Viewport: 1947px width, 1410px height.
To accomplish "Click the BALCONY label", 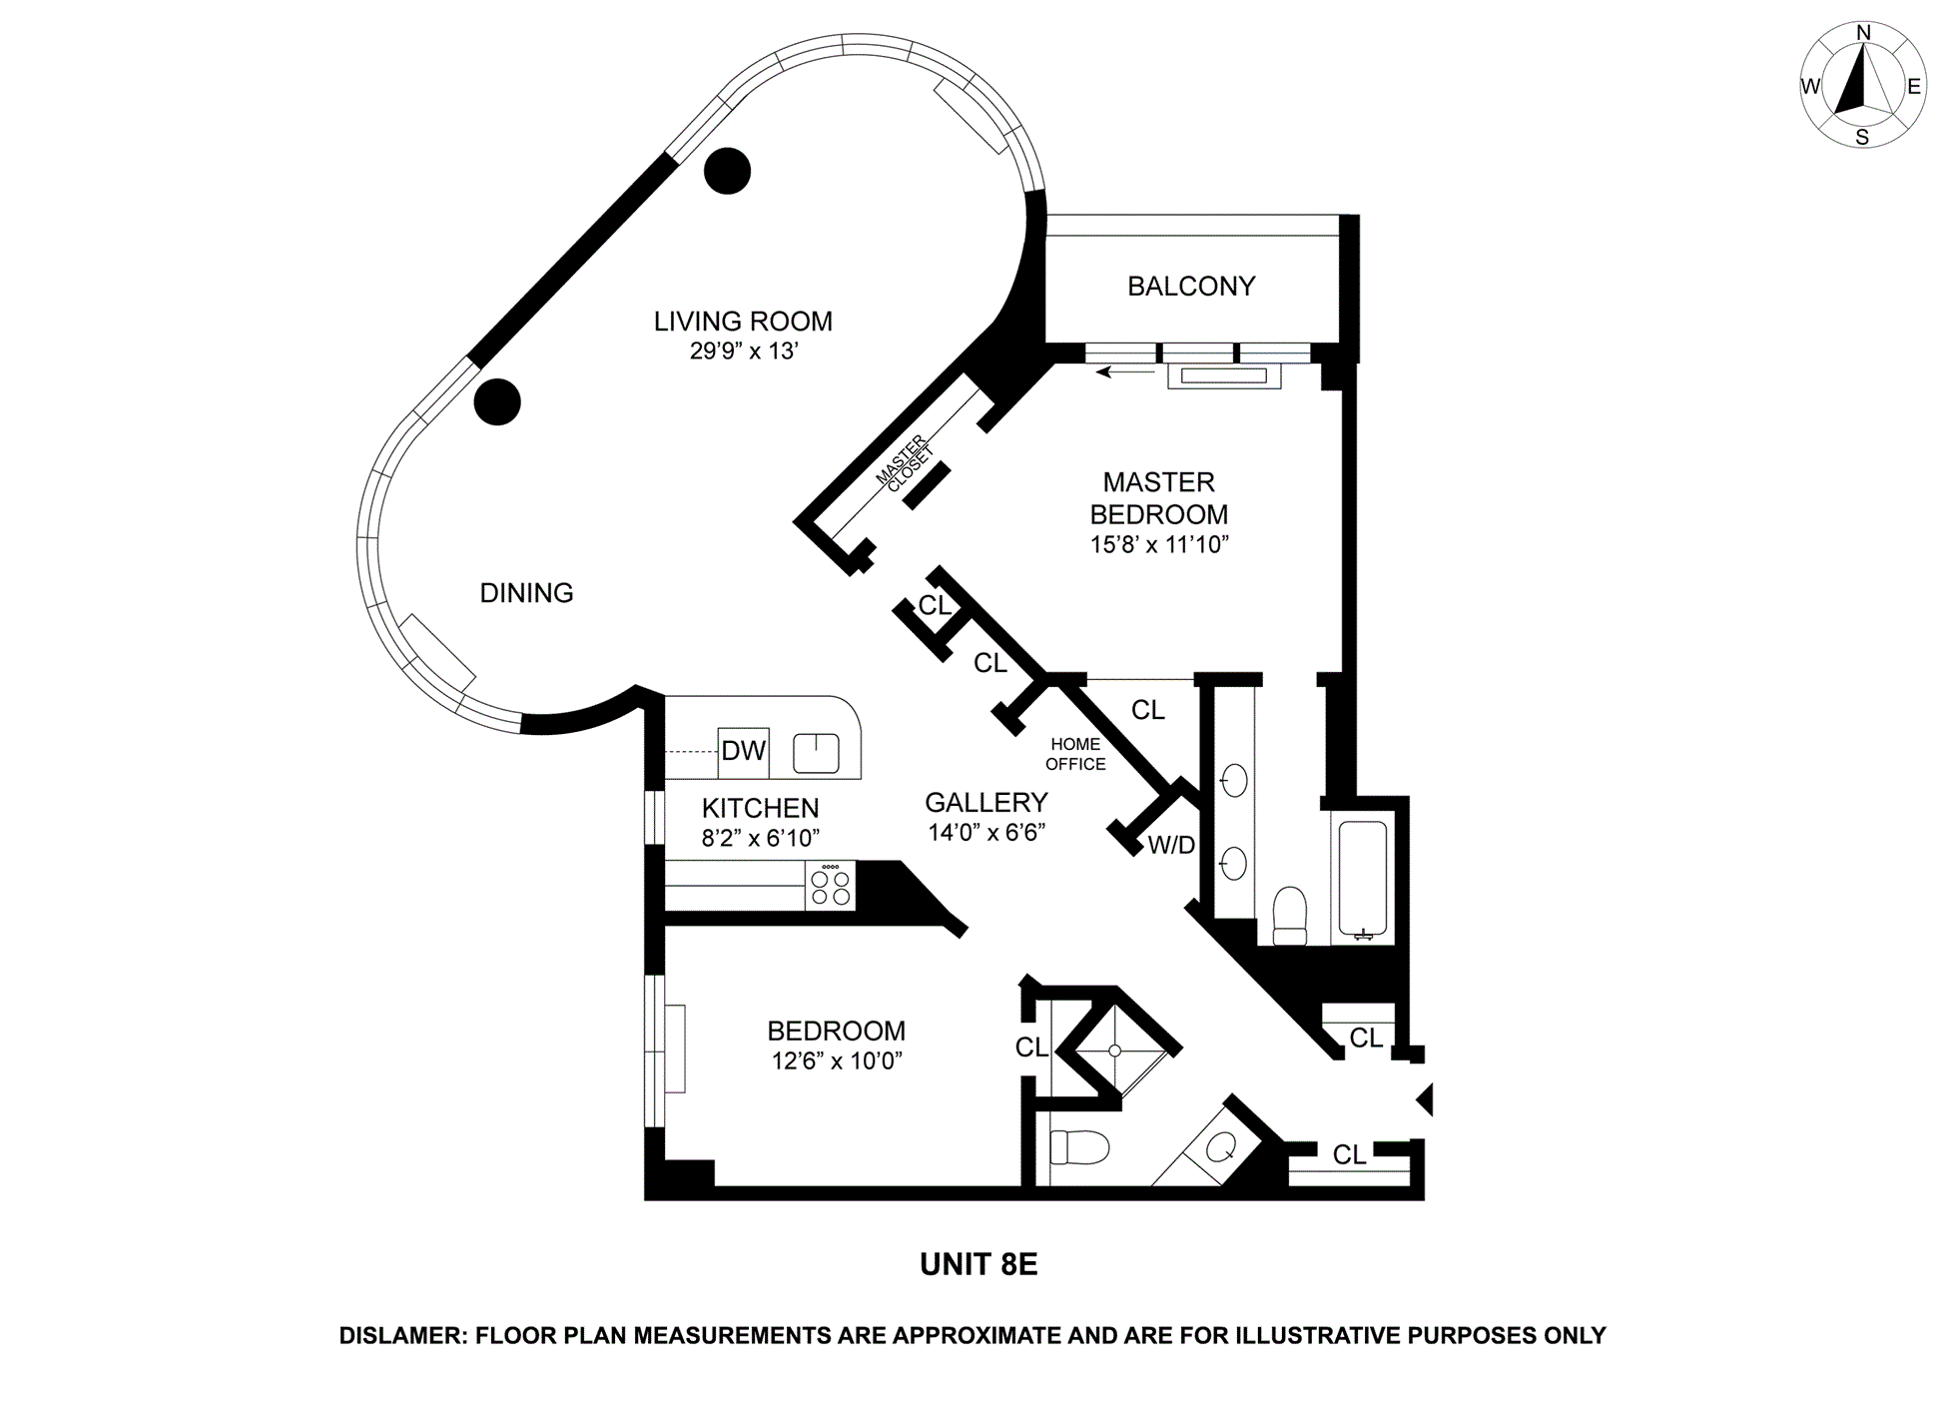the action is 1190,287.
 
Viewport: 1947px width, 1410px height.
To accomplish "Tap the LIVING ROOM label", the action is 743,322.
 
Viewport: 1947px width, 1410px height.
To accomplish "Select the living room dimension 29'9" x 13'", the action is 743,352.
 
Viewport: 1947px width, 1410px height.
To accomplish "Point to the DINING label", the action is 526,593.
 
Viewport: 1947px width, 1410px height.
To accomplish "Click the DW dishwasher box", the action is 743,752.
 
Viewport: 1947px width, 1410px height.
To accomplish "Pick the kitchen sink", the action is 816,753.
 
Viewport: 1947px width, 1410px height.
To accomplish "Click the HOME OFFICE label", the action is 1075,754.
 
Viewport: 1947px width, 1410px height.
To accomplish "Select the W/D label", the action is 1171,846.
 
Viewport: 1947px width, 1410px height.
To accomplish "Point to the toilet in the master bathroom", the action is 1290,916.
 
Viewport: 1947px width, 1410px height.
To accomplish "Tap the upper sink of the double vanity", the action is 1235,781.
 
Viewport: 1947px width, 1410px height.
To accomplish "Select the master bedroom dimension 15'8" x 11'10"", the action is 1158,545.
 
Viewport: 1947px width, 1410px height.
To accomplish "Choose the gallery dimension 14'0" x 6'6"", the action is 986,833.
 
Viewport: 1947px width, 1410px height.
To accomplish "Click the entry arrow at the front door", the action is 1426,1099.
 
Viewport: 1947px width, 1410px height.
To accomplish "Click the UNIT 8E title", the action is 978,1265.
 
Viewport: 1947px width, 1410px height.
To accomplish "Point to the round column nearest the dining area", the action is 497,402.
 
